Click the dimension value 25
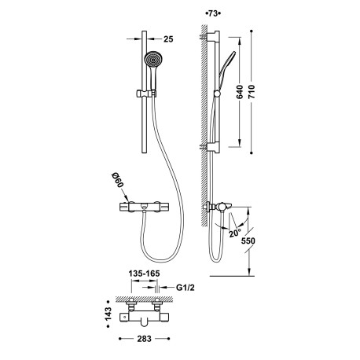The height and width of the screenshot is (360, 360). coord(167,39)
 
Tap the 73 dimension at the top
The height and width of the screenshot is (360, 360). coord(212,14)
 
